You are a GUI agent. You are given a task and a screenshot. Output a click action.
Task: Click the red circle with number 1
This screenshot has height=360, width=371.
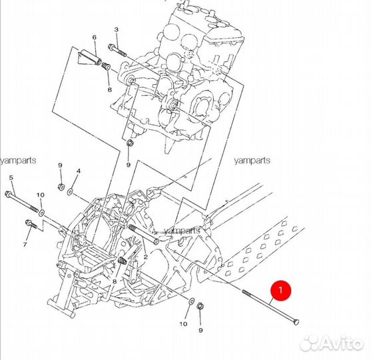(x=281, y=291)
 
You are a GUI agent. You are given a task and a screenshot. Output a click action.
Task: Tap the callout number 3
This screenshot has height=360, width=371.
(x=116, y=29)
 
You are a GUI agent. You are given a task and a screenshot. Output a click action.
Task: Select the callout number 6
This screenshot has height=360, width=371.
(x=95, y=37)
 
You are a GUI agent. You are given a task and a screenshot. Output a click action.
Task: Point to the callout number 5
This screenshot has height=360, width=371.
(x=11, y=177)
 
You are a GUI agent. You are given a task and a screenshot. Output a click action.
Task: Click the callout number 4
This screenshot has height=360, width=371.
(x=79, y=171)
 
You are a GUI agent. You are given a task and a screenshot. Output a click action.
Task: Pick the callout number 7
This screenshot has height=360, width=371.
(x=25, y=244)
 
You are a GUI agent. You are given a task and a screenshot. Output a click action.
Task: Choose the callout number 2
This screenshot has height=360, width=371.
(x=145, y=257)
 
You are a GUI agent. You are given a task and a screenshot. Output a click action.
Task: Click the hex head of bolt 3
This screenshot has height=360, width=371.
(x=111, y=47)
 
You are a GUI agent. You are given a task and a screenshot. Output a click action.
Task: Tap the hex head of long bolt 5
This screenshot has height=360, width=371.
(x=7, y=194)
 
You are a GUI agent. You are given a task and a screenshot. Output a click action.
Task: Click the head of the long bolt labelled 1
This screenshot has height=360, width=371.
(x=296, y=321)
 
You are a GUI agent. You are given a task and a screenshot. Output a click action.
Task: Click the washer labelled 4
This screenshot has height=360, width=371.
(x=70, y=191)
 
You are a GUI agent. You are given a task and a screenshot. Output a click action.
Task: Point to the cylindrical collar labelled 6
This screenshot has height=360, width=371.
(x=90, y=58)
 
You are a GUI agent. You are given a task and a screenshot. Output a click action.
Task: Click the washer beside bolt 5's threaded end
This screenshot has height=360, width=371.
(x=42, y=213)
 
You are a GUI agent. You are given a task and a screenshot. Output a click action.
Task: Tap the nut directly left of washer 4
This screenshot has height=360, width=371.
(x=61, y=187)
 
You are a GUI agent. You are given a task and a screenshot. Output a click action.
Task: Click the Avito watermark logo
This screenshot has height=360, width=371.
(x=331, y=343)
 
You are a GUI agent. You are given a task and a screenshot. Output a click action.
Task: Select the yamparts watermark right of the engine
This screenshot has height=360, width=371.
(x=252, y=161)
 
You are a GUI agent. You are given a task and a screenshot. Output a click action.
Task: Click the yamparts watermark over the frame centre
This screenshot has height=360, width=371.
(x=183, y=230)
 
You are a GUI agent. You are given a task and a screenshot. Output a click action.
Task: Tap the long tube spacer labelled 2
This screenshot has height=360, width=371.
(x=143, y=235)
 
